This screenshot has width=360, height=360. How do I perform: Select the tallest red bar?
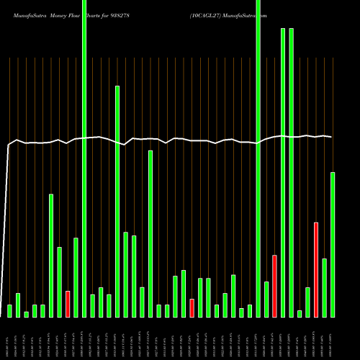click(x=316, y=269)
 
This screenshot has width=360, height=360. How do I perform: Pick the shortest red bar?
click(x=192, y=307)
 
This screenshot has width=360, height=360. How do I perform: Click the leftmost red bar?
click(x=68, y=304)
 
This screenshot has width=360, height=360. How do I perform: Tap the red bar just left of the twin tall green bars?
click(x=274, y=286)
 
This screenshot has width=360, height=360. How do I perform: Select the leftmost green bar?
click(x=9, y=310)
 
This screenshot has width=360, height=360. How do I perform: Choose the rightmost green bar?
click(x=333, y=244)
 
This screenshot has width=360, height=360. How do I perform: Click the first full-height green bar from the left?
click(x=84, y=158)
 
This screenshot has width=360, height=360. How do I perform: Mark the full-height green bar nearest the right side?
click(x=258, y=158)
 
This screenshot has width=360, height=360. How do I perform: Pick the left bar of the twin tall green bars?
click(x=283, y=172)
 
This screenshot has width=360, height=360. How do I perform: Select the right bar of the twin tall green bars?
click(x=292, y=172)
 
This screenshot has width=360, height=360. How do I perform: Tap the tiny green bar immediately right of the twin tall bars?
click(x=300, y=313)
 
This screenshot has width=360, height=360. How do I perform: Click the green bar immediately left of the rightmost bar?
click(x=324, y=287)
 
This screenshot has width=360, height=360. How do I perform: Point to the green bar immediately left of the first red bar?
click(x=60, y=282)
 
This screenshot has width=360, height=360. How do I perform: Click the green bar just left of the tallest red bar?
click(x=307, y=302)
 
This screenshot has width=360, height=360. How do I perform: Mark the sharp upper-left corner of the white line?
click(x=9, y=145)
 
